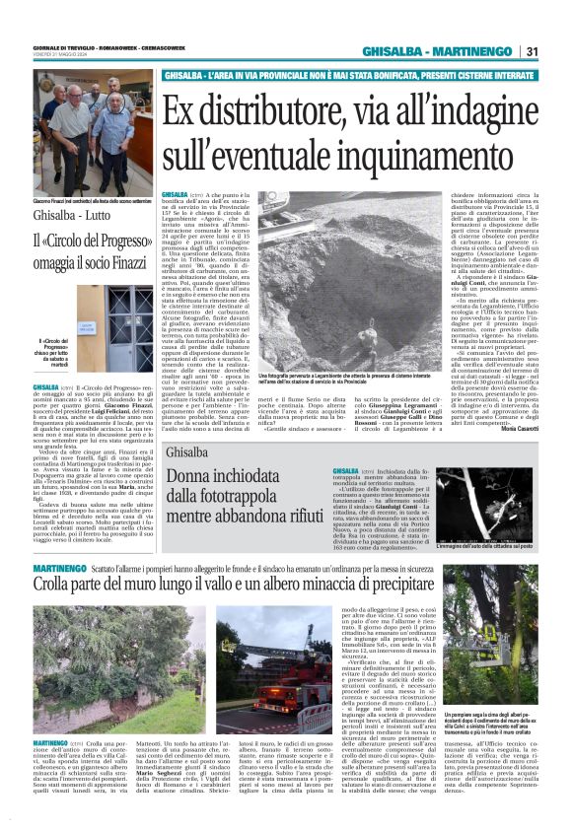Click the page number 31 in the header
coord(531,51)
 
